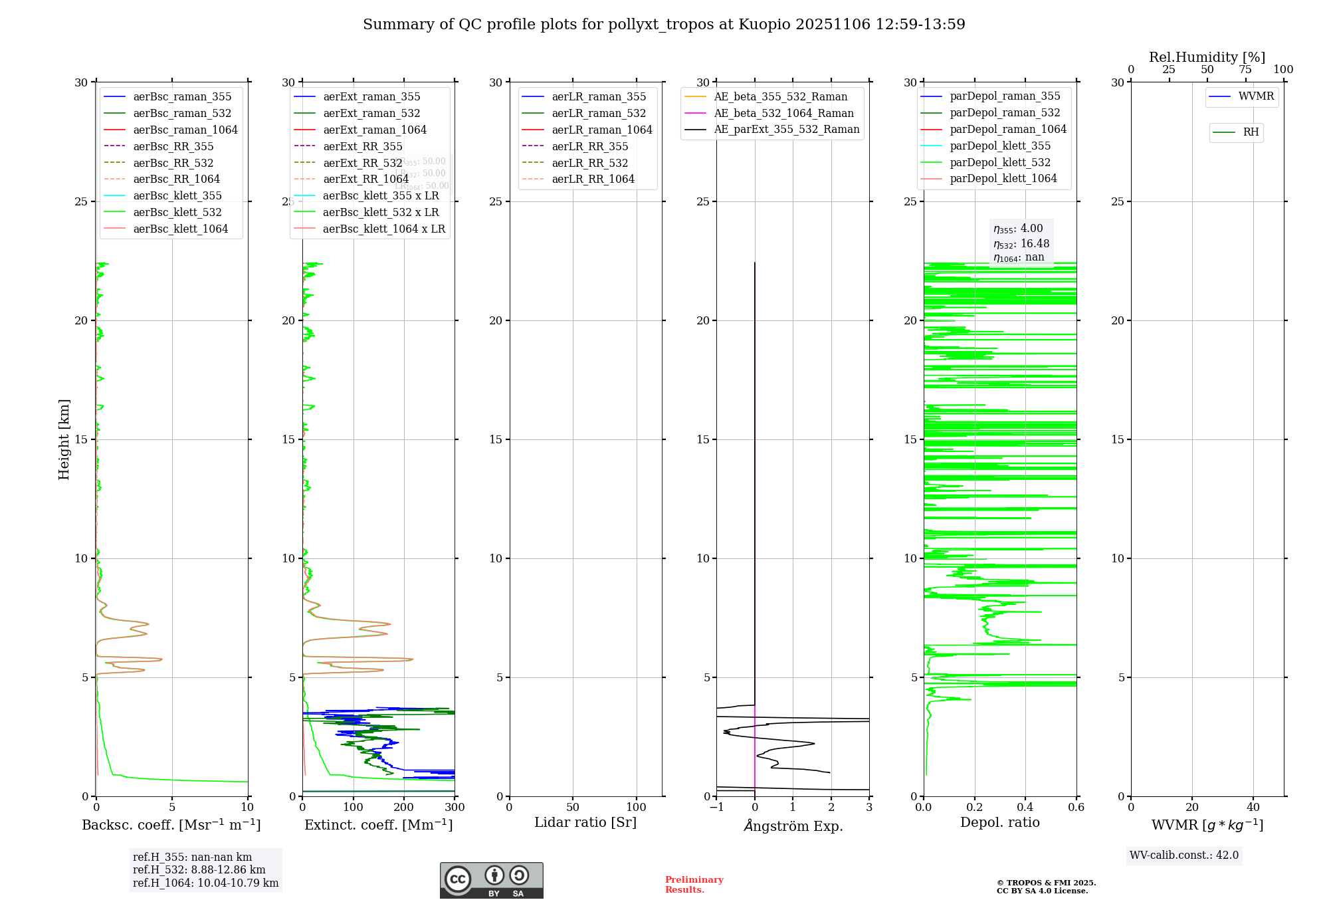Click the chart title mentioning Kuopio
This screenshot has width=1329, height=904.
664,25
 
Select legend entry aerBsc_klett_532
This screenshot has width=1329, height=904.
177,213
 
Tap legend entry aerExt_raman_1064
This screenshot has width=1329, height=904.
375,130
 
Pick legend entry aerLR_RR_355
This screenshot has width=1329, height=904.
589,147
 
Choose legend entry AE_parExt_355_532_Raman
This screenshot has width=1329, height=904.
786,130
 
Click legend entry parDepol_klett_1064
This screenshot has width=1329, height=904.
1003,179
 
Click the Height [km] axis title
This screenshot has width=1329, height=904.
64,439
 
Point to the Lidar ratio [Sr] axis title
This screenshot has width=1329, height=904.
585,823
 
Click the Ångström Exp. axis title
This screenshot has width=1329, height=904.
793,826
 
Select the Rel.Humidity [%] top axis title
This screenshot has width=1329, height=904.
1207,57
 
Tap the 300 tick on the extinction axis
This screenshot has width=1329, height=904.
455,808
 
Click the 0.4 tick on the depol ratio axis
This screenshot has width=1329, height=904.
1025,808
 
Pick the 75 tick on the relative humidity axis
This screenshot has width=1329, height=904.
1245,70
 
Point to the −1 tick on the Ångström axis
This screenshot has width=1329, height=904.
716,808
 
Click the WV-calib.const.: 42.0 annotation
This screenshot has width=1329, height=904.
1184,855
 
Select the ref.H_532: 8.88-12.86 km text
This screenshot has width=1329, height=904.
199,870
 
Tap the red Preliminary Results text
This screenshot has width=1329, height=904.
694,885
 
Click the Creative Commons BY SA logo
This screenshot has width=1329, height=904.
492,881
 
